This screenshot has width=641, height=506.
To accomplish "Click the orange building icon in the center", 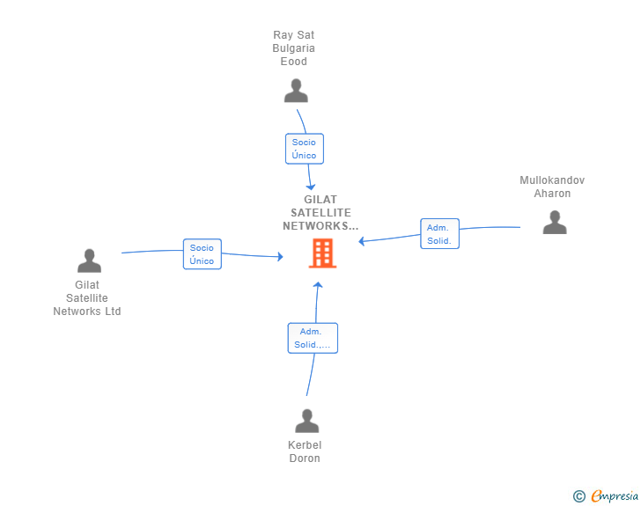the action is pyautogui.click(x=322, y=253).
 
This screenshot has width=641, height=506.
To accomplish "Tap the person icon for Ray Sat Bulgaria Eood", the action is pyautogui.click(x=296, y=91).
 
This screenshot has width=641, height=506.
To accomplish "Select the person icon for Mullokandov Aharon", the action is pyautogui.click(x=555, y=222).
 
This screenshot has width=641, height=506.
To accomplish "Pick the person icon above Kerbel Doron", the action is pyautogui.click(x=307, y=421).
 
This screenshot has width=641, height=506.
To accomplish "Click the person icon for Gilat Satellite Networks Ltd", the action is pyautogui.click(x=89, y=260).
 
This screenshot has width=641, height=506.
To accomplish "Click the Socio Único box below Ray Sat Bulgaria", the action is pyautogui.click(x=305, y=149).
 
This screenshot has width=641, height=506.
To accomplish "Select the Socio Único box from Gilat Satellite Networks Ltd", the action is pyautogui.click(x=203, y=254).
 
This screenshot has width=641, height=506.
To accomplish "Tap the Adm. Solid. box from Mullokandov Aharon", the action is pyautogui.click(x=440, y=234).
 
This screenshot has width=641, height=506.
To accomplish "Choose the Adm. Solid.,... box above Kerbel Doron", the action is pyautogui.click(x=313, y=338).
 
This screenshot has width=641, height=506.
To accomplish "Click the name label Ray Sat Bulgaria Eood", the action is pyautogui.click(x=293, y=48).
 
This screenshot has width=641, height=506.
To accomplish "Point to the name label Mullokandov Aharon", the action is pyautogui.click(x=552, y=187).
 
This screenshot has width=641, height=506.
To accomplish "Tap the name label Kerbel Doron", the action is pyautogui.click(x=305, y=451).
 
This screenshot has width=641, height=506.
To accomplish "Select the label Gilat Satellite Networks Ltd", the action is pyautogui.click(x=87, y=298).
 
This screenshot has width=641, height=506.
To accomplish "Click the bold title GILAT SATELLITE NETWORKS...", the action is pyautogui.click(x=320, y=213).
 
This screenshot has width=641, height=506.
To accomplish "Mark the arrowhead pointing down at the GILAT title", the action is pyautogui.click(x=311, y=187).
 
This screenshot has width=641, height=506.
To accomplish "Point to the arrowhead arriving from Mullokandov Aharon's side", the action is pyautogui.click(x=361, y=241).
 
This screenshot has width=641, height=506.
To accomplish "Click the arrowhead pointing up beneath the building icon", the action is pyautogui.click(x=318, y=285).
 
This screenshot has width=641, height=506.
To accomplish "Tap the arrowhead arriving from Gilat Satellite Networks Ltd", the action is pyautogui.click(x=280, y=257).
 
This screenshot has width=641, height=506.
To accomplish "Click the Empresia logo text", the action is pyautogui.click(x=615, y=495).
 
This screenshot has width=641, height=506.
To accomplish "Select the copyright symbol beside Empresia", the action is pyautogui.click(x=579, y=496).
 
